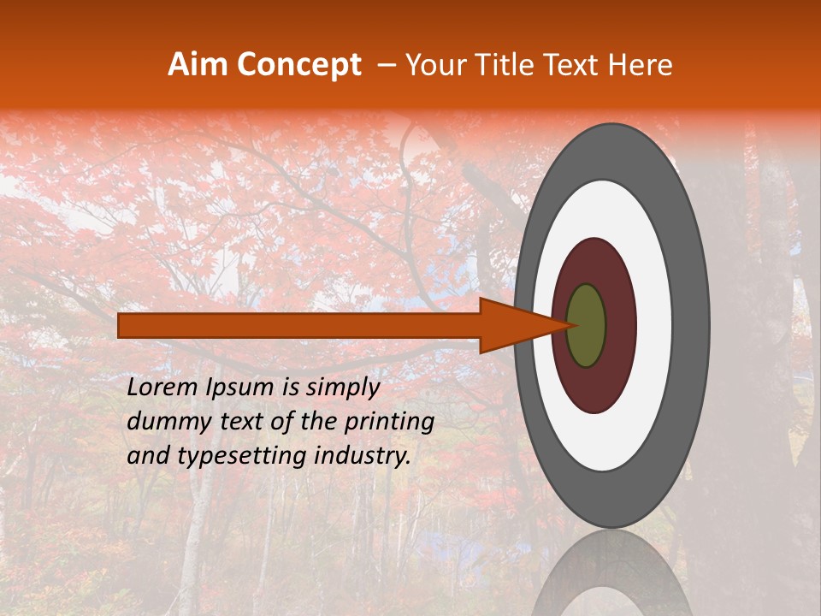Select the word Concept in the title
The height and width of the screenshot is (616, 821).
pyautogui.click(x=299, y=66)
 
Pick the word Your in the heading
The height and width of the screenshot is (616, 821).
pyautogui.click(x=434, y=66)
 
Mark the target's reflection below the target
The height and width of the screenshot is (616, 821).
pyautogui.click(x=611, y=577)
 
